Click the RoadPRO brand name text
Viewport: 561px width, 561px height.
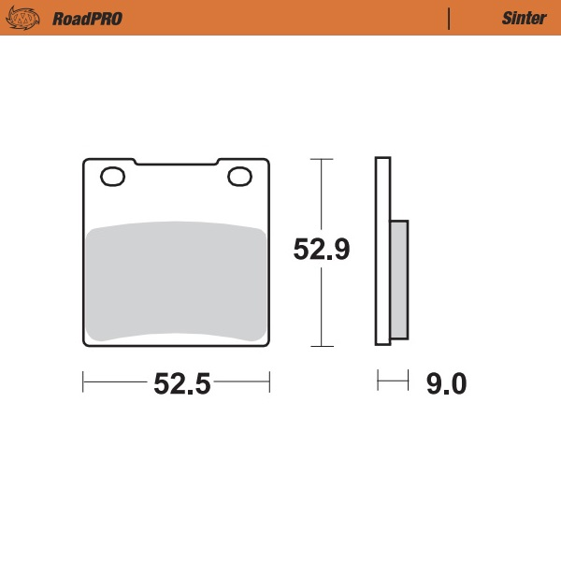(87, 18)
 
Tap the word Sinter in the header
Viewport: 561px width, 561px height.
(518, 18)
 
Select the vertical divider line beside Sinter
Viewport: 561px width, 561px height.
(450, 18)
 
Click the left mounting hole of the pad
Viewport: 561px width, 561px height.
(113, 176)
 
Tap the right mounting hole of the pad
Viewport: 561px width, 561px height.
(238, 176)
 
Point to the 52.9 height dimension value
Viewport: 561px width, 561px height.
(322, 251)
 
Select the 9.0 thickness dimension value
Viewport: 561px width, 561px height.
(445, 383)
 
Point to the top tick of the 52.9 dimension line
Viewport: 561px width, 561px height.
(322, 159)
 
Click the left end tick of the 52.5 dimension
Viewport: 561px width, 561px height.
(84, 381)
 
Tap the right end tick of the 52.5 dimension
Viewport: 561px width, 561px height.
(269, 381)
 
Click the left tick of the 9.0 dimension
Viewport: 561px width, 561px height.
(378, 381)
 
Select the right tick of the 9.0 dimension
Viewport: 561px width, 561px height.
(409, 381)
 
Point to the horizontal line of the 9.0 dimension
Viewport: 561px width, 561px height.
(393, 381)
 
